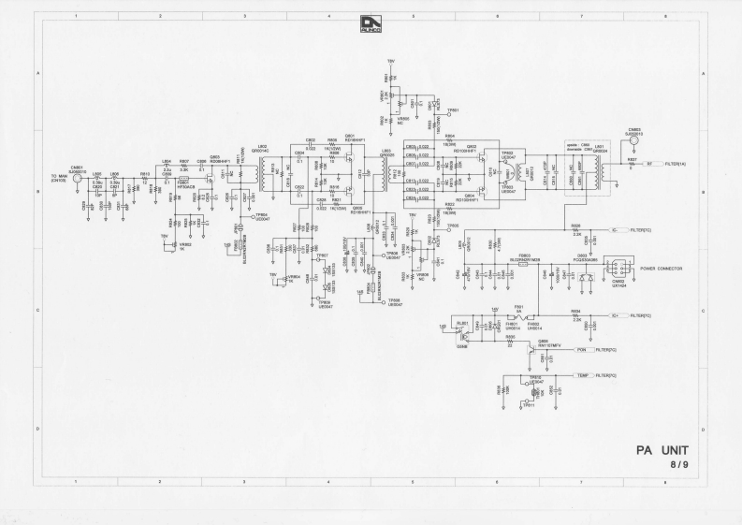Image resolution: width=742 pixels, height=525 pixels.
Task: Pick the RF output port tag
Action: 650,164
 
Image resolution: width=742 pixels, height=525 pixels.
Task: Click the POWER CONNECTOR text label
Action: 660,269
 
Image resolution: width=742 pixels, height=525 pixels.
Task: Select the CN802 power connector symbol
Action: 615,266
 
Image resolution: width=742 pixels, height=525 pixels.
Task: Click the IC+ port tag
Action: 618,316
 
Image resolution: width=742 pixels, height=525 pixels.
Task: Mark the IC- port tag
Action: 618,229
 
